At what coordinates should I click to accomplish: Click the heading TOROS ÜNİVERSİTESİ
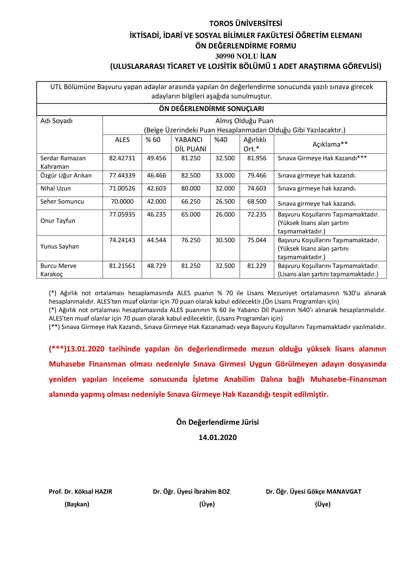(x=246, y=24)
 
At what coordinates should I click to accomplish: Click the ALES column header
(x=122, y=140)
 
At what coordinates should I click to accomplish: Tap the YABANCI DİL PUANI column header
(x=191, y=144)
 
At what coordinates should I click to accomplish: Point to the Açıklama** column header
(x=330, y=144)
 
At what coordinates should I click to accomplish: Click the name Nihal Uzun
(x=56, y=188)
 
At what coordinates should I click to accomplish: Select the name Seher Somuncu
(x=62, y=202)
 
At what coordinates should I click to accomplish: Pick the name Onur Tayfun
(x=58, y=221)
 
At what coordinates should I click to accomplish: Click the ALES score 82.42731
(x=122, y=158)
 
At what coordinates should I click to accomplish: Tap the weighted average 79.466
(x=257, y=175)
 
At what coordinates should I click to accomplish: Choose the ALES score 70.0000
(x=122, y=202)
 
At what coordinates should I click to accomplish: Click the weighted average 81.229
(x=257, y=266)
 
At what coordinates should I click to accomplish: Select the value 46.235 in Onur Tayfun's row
(x=156, y=215)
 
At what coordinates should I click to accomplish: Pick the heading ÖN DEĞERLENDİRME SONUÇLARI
(x=211, y=109)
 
